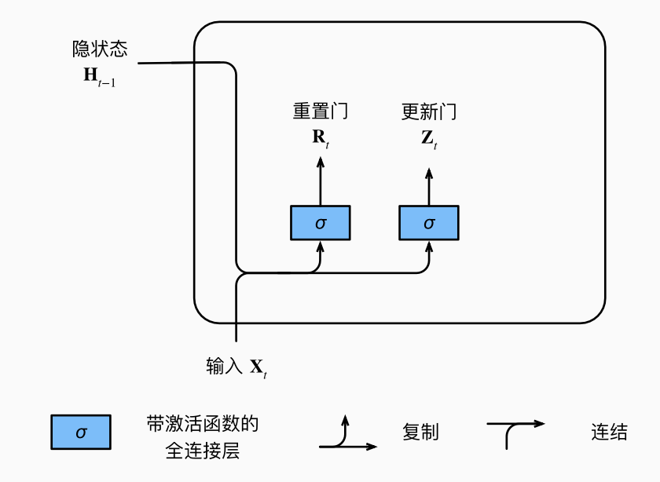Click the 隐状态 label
pyautogui.click(x=99, y=50)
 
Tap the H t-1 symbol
pyautogui.click(x=99, y=77)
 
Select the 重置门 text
pyautogui.click(x=320, y=112)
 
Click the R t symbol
pyautogui.click(x=320, y=138)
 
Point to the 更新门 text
pyautogui.click(x=428, y=112)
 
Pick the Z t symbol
pyautogui.click(x=428, y=139)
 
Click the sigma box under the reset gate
pyautogui.click(x=320, y=223)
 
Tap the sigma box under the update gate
pyautogui.click(x=428, y=223)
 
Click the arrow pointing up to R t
pyautogui.click(x=320, y=180)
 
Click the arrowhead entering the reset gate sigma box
pyautogui.click(x=320, y=246)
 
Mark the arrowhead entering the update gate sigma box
pyautogui.click(x=428, y=246)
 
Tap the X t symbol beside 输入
pyautogui.click(x=259, y=367)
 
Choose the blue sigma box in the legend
pyautogui.click(x=81, y=432)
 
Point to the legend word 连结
pyautogui.click(x=609, y=432)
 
